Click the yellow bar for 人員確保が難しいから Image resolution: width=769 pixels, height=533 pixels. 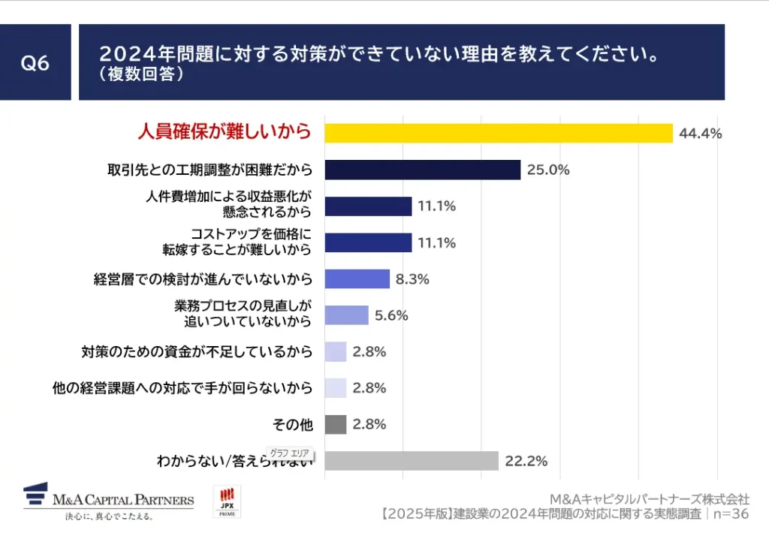pyautogui.click(x=498, y=133)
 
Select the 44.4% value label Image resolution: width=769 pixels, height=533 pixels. pyautogui.click(x=700, y=134)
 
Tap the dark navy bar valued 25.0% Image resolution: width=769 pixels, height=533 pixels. pyautogui.click(x=422, y=170)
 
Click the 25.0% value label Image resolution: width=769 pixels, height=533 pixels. pyautogui.click(x=548, y=170)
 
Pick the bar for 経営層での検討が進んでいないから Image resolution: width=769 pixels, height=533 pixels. pyautogui.click(x=357, y=279)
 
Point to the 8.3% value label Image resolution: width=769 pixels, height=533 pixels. pyautogui.click(x=412, y=279)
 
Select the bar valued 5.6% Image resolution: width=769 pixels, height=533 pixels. pyautogui.click(x=346, y=315)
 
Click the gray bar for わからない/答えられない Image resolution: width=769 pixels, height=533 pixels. pyautogui.click(x=412, y=460)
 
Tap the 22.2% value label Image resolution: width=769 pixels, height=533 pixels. pyautogui.click(x=526, y=460)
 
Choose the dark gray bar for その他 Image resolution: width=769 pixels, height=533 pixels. pyautogui.click(x=335, y=424)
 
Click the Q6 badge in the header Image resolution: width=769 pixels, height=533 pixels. pyautogui.click(x=35, y=63)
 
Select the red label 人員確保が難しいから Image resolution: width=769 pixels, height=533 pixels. pyautogui.click(x=224, y=132)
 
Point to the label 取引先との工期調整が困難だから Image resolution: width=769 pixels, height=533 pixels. pyautogui.click(x=210, y=170)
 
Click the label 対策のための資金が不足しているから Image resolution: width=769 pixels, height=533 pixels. pyautogui.click(x=196, y=351)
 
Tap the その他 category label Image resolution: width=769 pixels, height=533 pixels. pyautogui.click(x=293, y=425)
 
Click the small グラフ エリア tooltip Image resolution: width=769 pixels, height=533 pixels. pyautogui.click(x=290, y=454)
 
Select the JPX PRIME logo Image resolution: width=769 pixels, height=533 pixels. pyautogui.click(x=228, y=501)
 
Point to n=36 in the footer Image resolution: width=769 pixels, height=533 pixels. pyautogui.click(x=729, y=514)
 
